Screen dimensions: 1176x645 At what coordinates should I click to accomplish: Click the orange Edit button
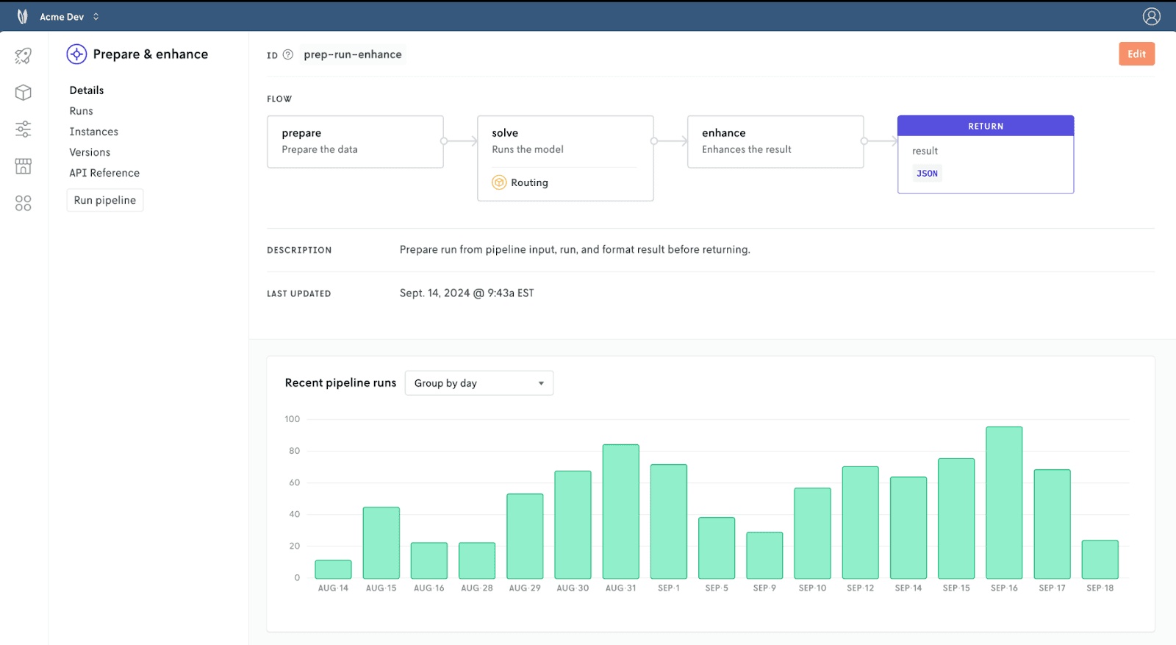[x=1136, y=54]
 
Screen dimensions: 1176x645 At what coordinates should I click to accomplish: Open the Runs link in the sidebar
[x=81, y=111]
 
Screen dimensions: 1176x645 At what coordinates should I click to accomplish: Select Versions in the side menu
[x=90, y=152]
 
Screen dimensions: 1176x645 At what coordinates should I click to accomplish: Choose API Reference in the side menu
[x=104, y=173]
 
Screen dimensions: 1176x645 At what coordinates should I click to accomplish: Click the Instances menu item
[x=93, y=132]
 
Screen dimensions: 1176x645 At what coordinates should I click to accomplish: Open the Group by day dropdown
[x=478, y=383]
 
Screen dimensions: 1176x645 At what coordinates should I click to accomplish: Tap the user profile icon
[x=1151, y=16]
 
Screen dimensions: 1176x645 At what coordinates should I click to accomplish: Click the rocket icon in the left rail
[x=23, y=56]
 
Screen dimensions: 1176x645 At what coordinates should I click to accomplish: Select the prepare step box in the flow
[x=356, y=142]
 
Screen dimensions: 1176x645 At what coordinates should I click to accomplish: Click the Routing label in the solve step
[x=529, y=183]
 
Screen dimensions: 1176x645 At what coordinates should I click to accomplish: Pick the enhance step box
[x=775, y=142]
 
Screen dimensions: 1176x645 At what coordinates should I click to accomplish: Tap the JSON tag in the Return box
[x=927, y=174]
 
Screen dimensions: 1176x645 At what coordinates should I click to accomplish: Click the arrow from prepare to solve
[x=460, y=140]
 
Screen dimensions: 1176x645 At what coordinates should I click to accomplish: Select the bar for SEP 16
[x=1004, y=502]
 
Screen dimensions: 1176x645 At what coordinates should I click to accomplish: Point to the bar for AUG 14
[x=334, y=569]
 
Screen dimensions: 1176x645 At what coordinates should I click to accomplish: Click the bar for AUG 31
[x=620, y=512]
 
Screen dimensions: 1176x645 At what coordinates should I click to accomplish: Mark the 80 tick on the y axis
[x=294, y=451]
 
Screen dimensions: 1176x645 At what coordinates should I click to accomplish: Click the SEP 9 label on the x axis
[x=764, y=588]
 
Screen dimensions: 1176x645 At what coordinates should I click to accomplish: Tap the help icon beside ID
[x=287, y=54]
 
